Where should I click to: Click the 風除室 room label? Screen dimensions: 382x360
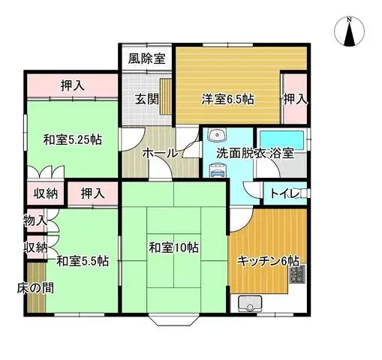click(x=147, y=58)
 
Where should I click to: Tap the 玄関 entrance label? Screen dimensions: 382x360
click(x=147, y=100)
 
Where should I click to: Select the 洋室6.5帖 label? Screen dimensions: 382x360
click(x=227, y=99)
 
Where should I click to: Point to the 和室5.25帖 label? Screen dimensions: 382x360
click(x=72, y=139)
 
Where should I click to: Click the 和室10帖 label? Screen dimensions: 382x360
click(x=173, y=248)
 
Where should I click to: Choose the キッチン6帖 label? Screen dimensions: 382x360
click(x=268, y=262)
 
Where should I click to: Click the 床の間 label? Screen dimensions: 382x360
click(x=35, y=288)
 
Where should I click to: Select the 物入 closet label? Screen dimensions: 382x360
click(x=35, y=220)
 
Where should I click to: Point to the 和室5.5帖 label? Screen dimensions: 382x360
click(x=83, y=261)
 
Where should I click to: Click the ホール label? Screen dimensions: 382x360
click(x=160, y=153)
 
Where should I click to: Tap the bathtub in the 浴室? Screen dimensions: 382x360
click(x=281, y=139)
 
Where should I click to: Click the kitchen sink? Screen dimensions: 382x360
click(x=250, y=304)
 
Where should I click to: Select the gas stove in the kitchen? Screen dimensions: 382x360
click(x=298, y=274)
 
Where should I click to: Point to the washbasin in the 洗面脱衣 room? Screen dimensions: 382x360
click(x=217, y=135)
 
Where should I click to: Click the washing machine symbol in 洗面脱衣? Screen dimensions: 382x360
click(x=218, y=169)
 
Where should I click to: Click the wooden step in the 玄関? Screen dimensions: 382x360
click(x=165, y=96)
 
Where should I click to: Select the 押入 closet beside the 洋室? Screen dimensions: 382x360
click(x=295, y=99)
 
